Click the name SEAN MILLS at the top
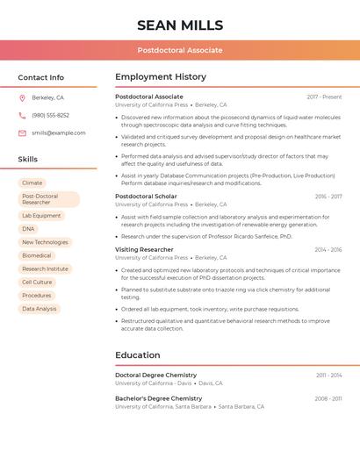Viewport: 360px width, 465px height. tap(180, 25)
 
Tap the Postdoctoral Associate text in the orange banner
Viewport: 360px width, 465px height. tap(180, 50)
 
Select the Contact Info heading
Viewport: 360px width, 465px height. tap(40, 77)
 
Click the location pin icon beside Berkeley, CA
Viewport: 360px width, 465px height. tap(22, 97)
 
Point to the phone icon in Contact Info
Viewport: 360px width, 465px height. tap(22, 115)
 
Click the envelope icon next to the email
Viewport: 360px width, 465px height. tap(22, 132)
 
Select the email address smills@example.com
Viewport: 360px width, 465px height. tap(59, 132)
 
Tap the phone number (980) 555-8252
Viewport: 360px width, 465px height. tap(50, 115)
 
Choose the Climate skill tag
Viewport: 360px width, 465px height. tap(32, 183)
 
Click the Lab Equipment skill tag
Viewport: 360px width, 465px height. tap(41, 215)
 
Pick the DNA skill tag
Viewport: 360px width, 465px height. tap(28, 229)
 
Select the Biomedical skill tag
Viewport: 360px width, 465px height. tap(37, 255)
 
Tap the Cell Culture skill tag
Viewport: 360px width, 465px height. tap(37, 282)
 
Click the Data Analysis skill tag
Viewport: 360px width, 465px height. tap(40, 309)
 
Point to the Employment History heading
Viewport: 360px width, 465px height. tap(161, 77)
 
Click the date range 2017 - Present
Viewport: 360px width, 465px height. tap(324, 97)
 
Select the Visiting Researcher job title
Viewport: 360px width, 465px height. tap(144, 249)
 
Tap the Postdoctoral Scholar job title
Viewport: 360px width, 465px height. tap(146, 197)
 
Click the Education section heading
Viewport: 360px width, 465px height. tap(137, 355)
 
